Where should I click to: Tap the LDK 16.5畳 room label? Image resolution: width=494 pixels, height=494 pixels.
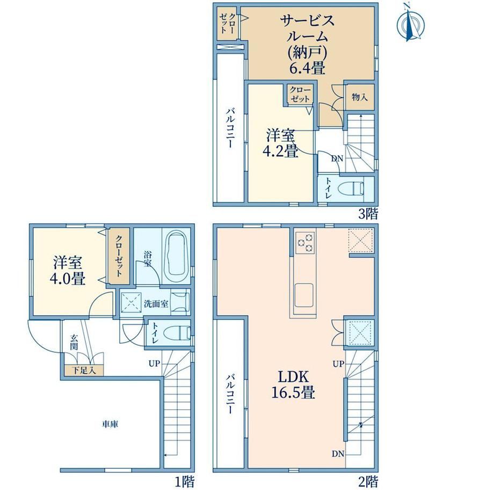(x=293, y=384)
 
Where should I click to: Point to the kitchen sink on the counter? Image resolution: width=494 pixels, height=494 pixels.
(x=304, y=295)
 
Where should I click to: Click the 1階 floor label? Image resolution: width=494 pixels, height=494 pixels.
(x=185, y=482)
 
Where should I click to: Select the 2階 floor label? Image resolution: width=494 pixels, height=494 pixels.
(x=368, y=482)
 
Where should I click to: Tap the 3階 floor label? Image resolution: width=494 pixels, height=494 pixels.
(x=368, y=214)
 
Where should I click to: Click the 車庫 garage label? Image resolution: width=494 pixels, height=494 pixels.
(x=110, y=424)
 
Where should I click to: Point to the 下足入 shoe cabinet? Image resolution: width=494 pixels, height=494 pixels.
(x=84, y=370)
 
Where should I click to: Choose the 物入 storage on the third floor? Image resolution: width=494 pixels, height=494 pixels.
(x=360, y=97)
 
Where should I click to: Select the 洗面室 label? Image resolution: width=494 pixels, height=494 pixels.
(x=156, y=304)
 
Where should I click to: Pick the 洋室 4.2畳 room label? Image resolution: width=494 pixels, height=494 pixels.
(x=280, y=143)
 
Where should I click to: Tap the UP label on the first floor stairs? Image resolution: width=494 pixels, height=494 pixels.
(x=155, y=364)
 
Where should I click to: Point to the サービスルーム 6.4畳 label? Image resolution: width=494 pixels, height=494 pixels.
(x=307, y=45)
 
